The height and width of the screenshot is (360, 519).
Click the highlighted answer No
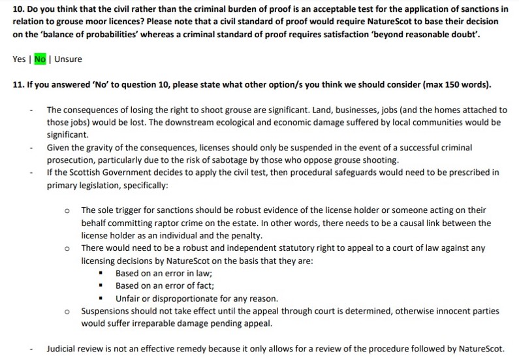click(40, 59)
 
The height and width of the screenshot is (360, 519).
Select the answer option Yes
click(19, 59)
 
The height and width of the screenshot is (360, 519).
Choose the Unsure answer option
click(69, 59)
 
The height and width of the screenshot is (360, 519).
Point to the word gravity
click(89, 148)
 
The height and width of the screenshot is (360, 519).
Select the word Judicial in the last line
click(62, 349)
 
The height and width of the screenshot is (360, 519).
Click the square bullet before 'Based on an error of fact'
click(101, 286)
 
